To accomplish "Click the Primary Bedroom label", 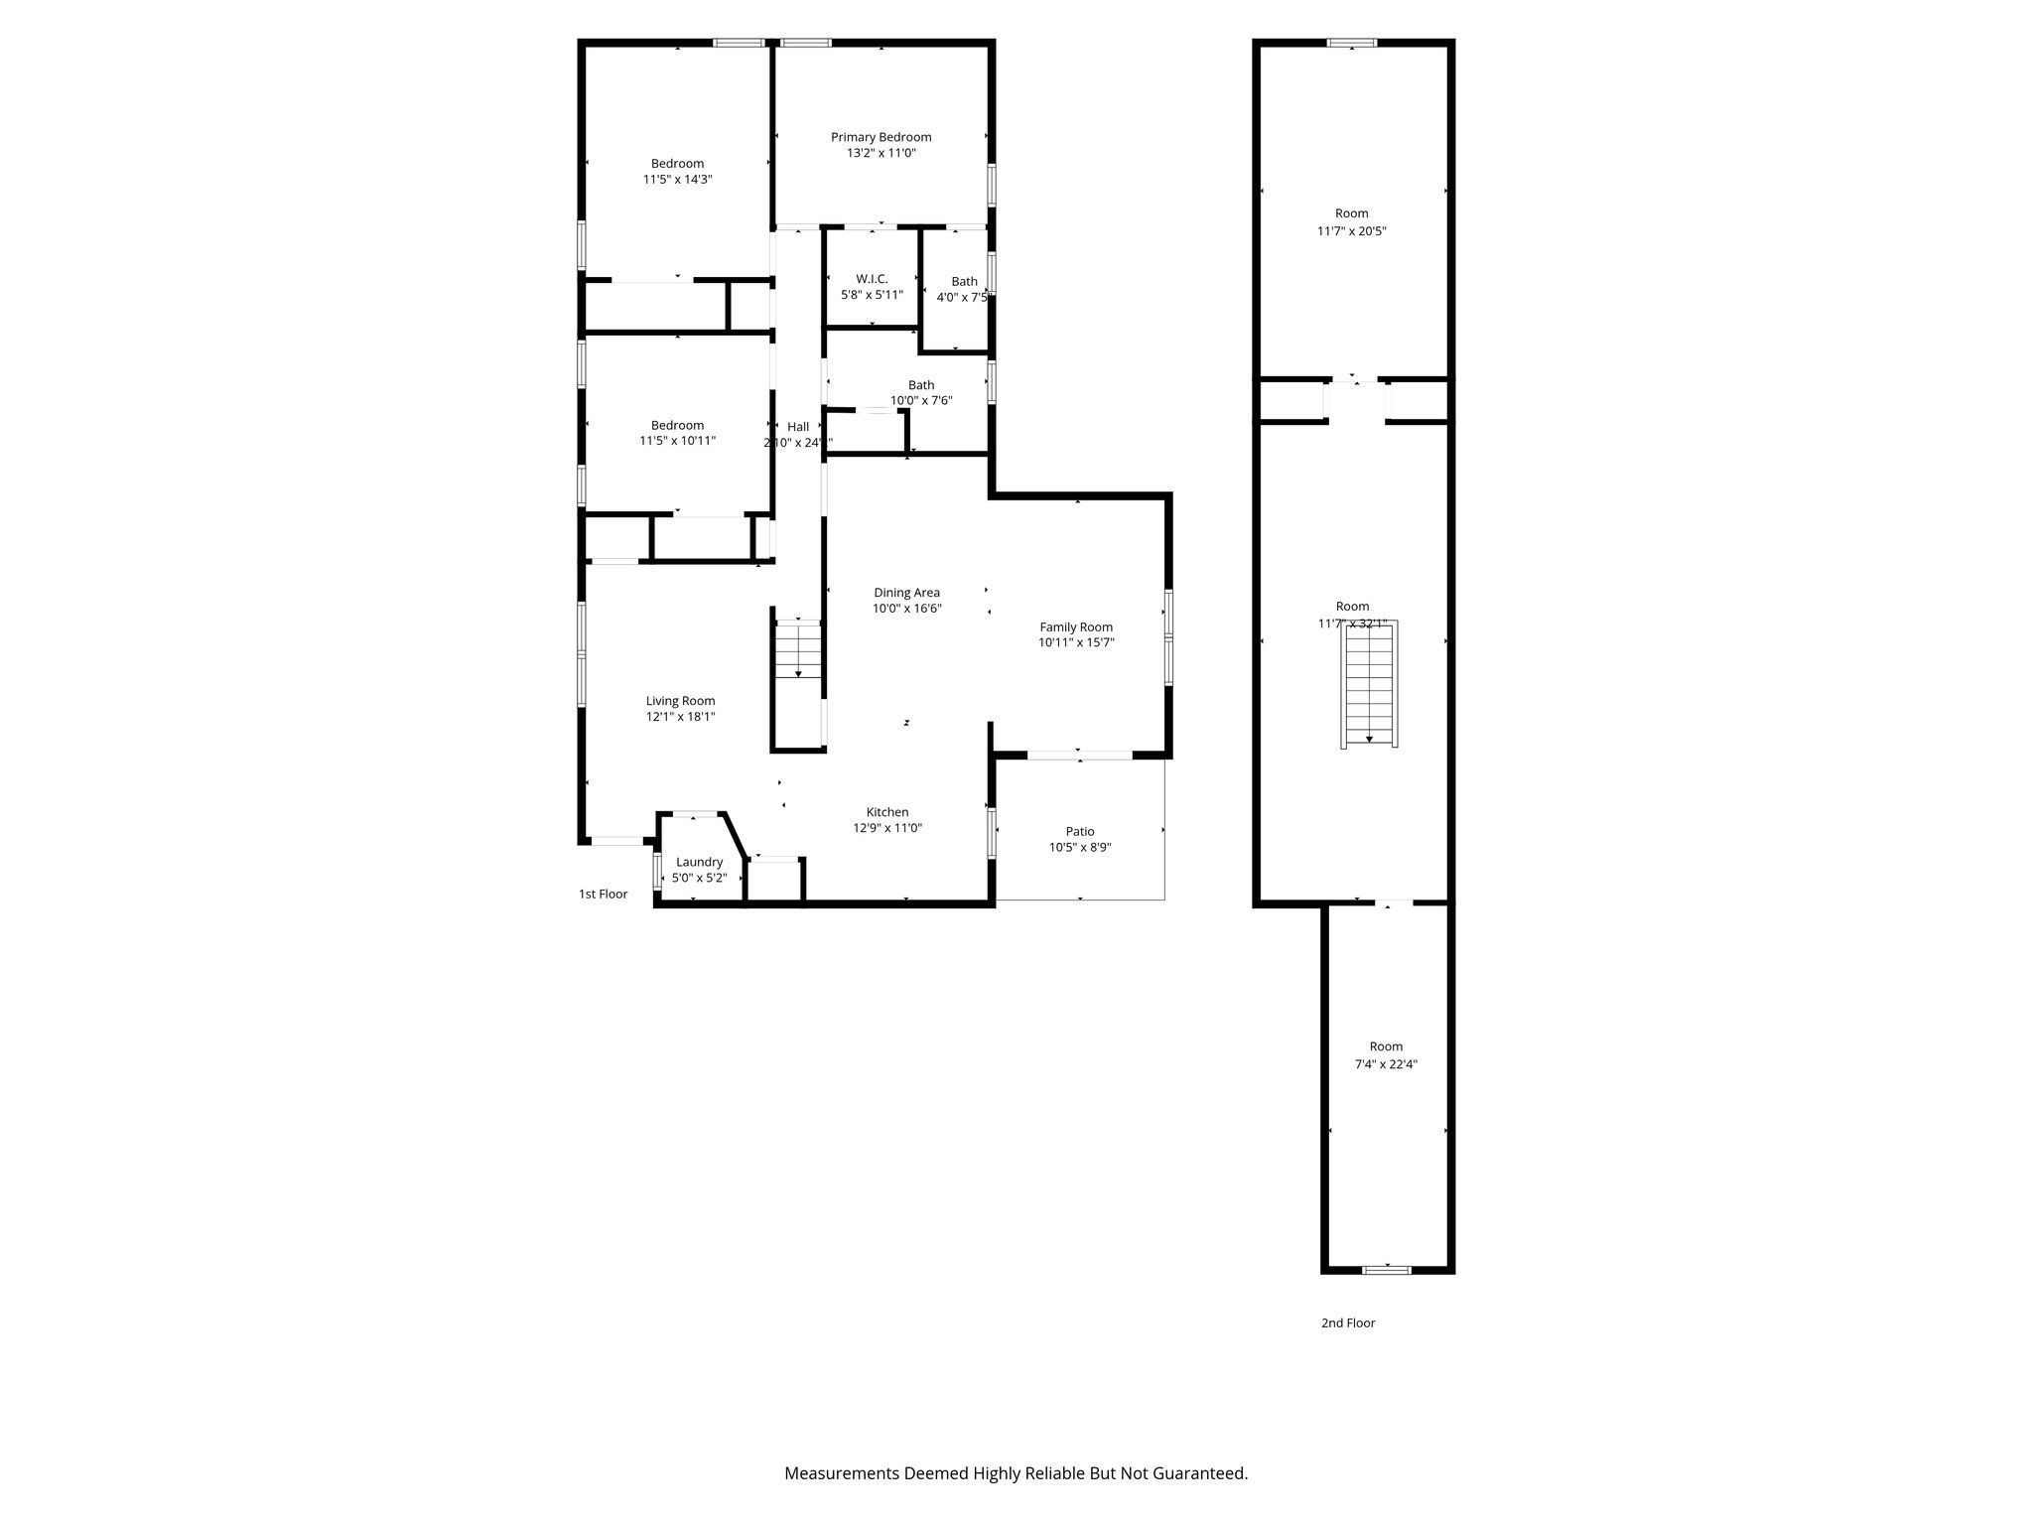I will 881,137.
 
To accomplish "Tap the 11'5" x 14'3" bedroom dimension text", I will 678,180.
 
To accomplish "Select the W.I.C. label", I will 872,279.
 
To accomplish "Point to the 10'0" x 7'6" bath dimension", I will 921,401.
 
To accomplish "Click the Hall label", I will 798,427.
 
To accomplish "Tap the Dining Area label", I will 906,593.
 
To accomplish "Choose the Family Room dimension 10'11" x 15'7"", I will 1076,642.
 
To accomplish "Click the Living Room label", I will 680,700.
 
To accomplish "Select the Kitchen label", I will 886,812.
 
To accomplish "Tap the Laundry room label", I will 699,862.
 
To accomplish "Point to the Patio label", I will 1080,831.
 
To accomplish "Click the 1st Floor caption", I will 603,894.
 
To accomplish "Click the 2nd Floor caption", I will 1347,1322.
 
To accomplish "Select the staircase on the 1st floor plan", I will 798,649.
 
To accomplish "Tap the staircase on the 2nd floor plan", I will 1370,685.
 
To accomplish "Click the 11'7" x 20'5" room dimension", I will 1351,231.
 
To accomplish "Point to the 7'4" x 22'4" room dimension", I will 1386,1064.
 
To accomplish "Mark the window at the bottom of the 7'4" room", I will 1386,1269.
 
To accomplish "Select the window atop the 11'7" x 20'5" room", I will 1352,43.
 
